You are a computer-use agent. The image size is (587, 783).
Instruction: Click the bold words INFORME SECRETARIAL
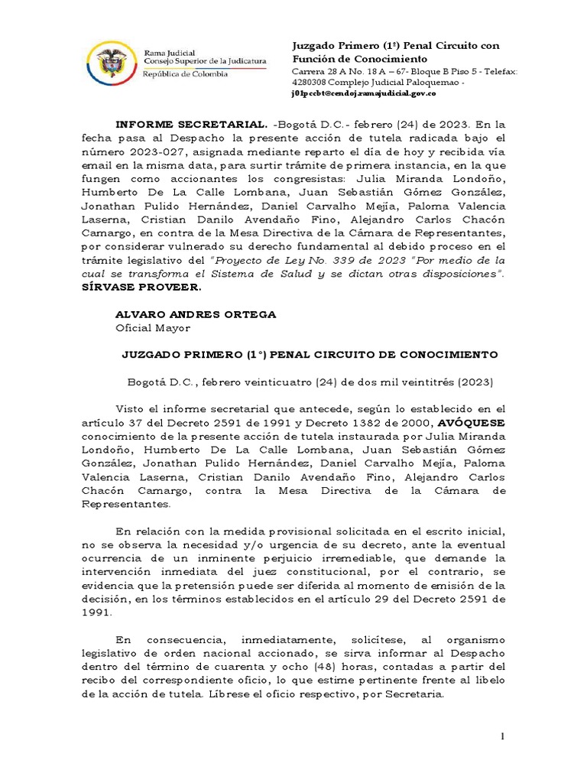coord(191,124)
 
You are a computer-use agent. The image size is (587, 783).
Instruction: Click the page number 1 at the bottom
coord(502,736)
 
